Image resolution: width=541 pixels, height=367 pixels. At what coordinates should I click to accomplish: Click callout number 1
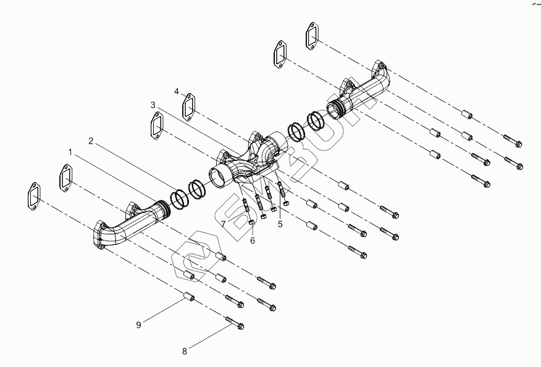[x=70, y=151]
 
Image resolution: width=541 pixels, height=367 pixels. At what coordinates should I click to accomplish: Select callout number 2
[x=91, y=141]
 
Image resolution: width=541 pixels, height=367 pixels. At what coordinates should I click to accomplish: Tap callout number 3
[x=154, y=105]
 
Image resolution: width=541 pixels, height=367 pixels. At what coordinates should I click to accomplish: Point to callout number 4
[x=177, y=91]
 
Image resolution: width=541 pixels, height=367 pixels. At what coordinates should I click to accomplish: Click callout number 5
[x=280, y=224]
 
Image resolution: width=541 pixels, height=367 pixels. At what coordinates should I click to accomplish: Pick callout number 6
[x=252, y=241]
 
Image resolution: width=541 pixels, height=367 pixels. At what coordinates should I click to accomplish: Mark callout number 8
[x=184, y=352]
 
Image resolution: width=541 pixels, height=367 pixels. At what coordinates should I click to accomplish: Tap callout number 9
[x=139, y=323]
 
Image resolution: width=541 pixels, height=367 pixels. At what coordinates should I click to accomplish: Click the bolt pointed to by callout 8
[x=235, y=323]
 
